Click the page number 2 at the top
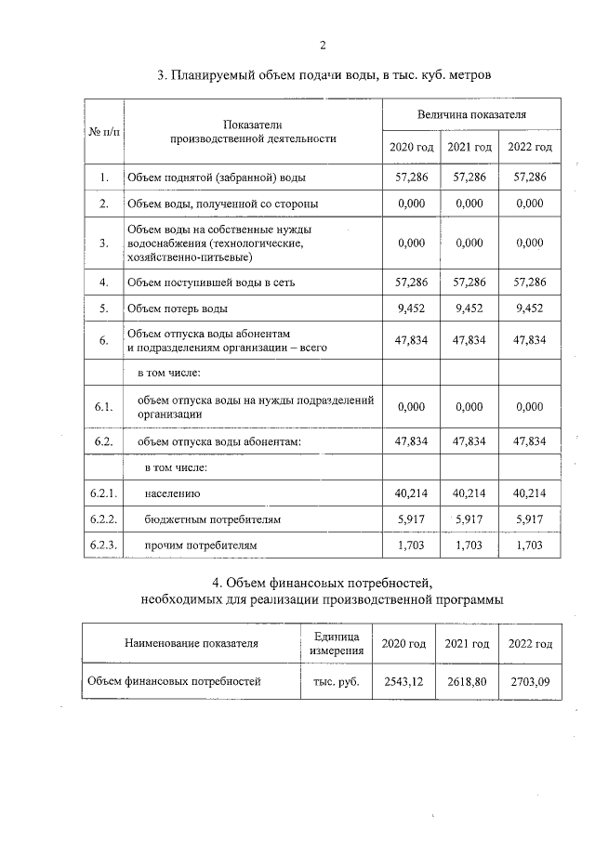322,45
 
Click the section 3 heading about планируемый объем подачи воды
322,74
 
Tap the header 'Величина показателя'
470,114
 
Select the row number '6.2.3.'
103,545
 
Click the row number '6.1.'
103,406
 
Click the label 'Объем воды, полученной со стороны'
222,203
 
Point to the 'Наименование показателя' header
192,643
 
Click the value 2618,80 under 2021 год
467,681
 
